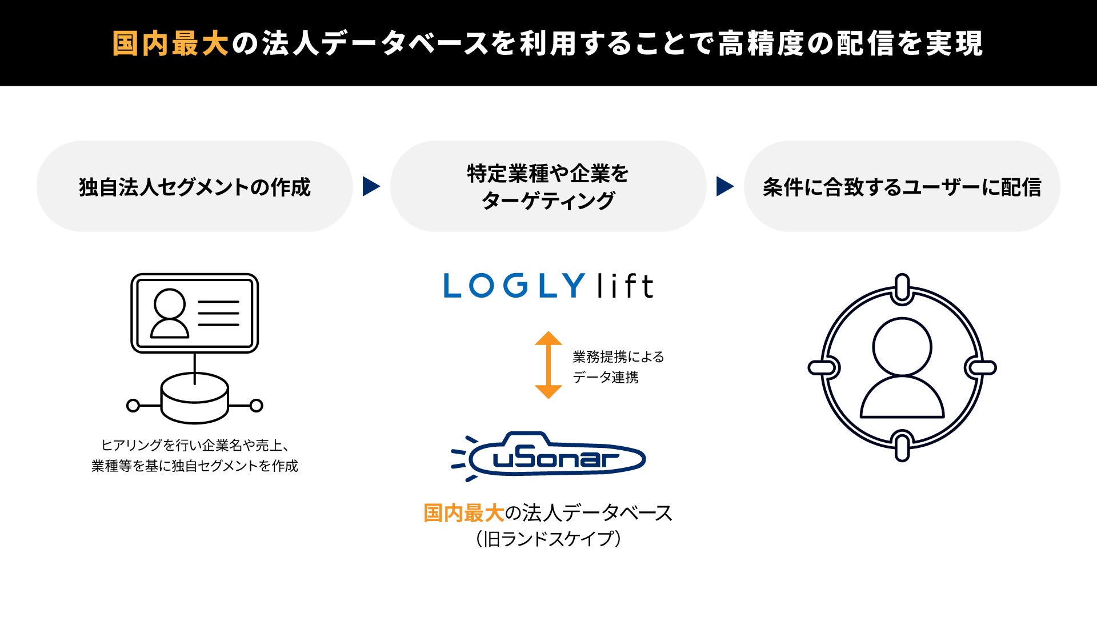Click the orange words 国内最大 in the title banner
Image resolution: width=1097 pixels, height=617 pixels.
pyautogui.click(x=170, y=44)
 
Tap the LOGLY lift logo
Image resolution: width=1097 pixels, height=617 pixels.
pyautogui.click(x=548, y=286)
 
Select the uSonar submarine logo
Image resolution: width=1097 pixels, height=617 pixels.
pyautogui.click(x=548, y=456)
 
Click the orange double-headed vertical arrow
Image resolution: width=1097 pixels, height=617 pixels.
pyautogui.click(x=548, y=365)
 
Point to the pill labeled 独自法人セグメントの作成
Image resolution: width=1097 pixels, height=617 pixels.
pyautogui.click(x=194, y=187)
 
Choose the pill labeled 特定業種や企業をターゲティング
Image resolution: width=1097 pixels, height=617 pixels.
pyautogui.click(x=548, y=187)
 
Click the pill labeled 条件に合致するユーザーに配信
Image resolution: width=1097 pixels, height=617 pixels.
pyautogui.click(x=902, y=187)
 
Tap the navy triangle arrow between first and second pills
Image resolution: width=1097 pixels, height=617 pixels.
pyautogui.click(x=371, y=186)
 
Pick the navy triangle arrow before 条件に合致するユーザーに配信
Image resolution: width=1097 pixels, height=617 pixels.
pyautogui.click(x=724, y=186)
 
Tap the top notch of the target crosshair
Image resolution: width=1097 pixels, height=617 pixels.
pyautogui.click(x=902, y=288)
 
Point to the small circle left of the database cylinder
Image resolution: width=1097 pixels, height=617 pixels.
pyautogui.click(x=133, y=406)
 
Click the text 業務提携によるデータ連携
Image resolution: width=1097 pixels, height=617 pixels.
pyautogui.click(x=618, y=367)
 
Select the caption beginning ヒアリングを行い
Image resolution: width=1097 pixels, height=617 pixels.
pyautogui.click(x=195, y=455)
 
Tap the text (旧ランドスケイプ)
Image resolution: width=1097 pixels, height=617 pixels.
pyautogui.click(x=548, y=539)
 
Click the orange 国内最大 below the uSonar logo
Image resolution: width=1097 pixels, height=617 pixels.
pyautogui.click(x=463, y=513)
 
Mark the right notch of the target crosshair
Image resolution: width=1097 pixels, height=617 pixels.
pyautogui.click(x=980, y=367)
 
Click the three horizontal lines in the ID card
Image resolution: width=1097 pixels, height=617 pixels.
pyautogui.click(x=219, y=313)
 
